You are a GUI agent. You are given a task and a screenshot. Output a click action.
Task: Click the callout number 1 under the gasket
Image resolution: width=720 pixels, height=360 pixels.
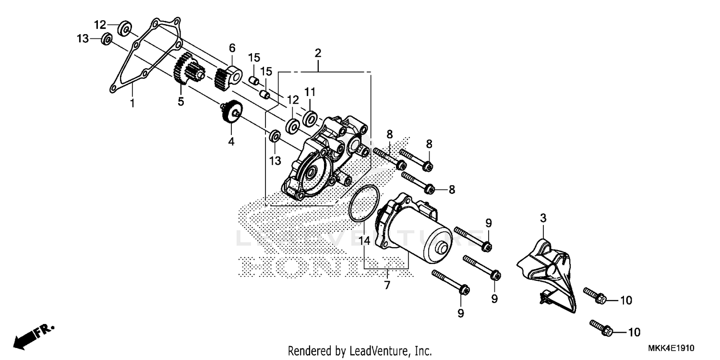point(132,102)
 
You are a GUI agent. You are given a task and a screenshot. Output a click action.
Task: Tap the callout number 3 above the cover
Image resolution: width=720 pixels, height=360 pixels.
point(543,218)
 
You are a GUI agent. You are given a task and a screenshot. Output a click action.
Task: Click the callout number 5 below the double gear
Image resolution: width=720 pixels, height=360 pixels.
point(181,102)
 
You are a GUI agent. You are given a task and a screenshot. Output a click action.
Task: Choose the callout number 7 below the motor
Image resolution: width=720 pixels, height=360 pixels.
point(387,285)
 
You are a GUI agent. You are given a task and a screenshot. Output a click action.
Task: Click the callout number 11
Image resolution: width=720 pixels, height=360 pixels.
point(310,91)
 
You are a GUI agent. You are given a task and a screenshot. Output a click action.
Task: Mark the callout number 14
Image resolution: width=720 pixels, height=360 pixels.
point(366,241)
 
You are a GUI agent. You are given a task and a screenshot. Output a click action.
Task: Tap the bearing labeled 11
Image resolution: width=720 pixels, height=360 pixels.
point(310,117)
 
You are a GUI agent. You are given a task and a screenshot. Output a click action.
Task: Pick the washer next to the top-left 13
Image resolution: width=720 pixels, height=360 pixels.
point(107,38)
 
